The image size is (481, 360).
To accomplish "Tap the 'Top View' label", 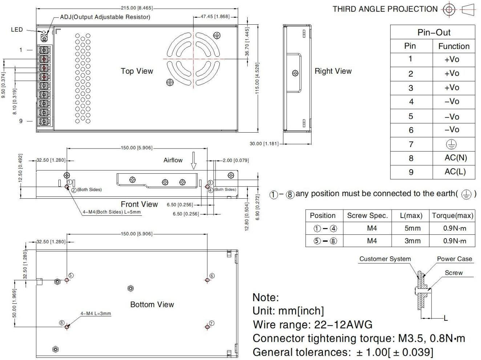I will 137,71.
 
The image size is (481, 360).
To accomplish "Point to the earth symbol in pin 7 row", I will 451,145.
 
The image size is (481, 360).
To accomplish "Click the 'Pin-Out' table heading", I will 434,32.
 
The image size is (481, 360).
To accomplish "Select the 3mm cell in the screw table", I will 412,241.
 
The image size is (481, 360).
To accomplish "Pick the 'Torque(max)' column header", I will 453,216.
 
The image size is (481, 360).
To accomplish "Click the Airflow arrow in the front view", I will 194,161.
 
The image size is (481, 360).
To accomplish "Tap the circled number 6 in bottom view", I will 212,276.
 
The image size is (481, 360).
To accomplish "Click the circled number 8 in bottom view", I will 62,323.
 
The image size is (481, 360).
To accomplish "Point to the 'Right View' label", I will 333,71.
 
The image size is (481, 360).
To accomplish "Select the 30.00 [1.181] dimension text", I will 264,143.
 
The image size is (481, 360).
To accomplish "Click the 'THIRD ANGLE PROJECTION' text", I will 385,9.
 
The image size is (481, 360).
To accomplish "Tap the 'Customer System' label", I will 385,259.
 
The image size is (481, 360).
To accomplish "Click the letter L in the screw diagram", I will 446,319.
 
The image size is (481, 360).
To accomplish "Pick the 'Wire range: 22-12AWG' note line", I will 312,324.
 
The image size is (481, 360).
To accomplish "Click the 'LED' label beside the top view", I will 17,30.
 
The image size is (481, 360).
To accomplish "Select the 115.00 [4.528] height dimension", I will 257,78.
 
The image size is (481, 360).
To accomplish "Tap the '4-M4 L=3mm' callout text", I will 96,314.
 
